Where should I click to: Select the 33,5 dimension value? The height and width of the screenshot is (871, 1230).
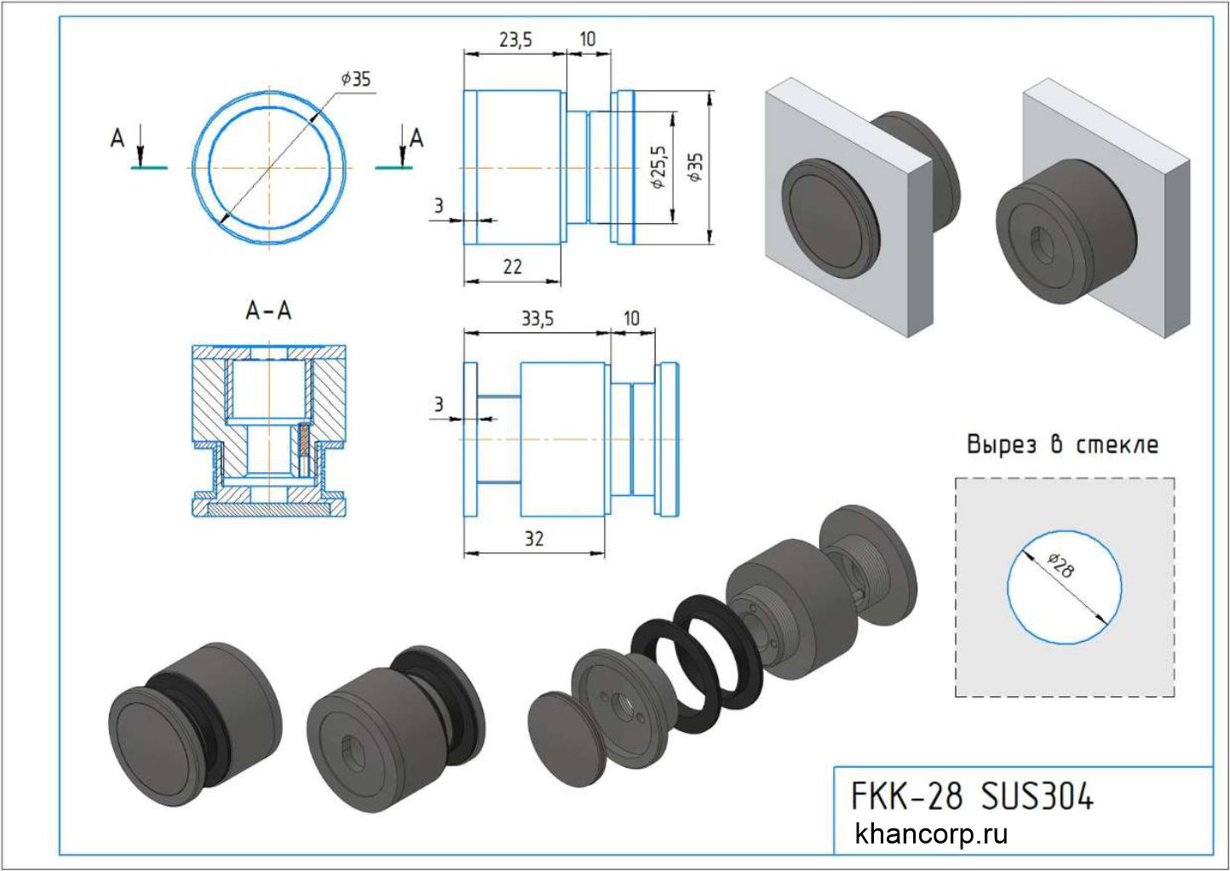click(537, 319)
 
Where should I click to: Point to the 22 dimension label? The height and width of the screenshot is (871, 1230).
click(512, 267)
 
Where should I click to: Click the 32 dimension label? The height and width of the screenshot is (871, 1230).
click(534, 539)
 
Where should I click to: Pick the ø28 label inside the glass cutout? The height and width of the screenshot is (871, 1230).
click(1060, 566)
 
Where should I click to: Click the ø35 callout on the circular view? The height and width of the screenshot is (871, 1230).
click(355, 79)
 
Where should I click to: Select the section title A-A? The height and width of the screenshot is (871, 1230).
click(268, 312)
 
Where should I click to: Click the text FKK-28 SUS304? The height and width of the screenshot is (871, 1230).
click(972, 797)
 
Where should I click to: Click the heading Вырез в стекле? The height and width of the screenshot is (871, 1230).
click(1062, 444)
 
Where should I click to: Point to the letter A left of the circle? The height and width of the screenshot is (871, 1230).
click(118, 137)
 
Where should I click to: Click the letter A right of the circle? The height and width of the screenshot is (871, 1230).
click(417, 137)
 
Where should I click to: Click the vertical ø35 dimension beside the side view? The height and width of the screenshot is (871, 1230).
click(696, 167)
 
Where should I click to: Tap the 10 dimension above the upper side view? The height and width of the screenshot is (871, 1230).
click(588, 39)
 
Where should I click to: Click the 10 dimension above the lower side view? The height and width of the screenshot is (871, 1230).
click(631, 319)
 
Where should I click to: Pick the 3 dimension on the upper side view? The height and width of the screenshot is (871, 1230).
click(439, 205)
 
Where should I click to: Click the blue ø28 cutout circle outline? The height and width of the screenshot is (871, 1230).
click(1009, 588)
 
